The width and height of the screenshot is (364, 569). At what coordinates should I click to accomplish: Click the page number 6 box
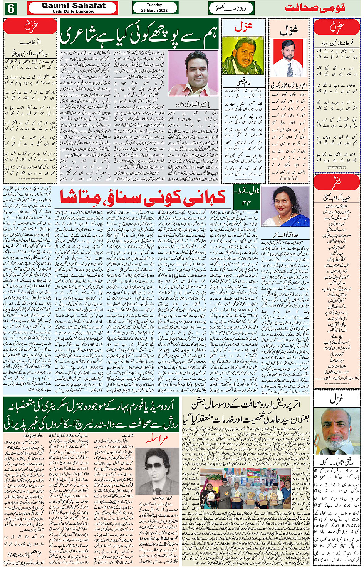click(x=10, y=8)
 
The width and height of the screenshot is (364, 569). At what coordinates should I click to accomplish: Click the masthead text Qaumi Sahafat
click(x=73, y=5)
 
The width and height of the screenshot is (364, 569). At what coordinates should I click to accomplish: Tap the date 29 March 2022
click(x=154, y=10)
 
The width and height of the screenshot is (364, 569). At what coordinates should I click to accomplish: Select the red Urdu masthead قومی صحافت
click(x=315, y=8)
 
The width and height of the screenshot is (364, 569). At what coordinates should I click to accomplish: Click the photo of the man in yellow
click(x=243, y=55)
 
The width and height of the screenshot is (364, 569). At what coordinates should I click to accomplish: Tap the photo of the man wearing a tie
click(x=288, y=58)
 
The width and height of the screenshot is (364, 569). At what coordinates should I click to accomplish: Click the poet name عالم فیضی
click(x=244, y=82)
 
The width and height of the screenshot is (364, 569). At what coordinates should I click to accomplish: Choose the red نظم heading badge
click(x=336, y=182)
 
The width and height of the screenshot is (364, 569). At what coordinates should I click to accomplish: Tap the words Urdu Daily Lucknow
click(x=73, y=12)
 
